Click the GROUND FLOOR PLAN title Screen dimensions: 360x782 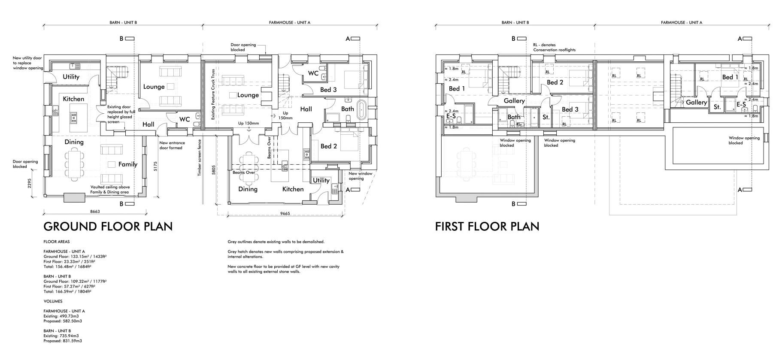[x=108, y=227]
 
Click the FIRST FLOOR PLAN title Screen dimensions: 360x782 [x=487, y=226]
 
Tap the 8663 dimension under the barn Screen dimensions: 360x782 [x=95, y=212]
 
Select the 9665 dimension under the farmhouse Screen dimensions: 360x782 [x=285, y=213]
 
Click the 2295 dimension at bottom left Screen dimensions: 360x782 [x=30, y=183]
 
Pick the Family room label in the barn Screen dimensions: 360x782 [x=128, y=164]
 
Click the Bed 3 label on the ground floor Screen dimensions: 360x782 [x=328, y=90]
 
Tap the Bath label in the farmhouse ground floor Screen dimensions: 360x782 [x=347, y=109]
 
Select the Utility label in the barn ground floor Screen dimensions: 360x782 [x=71, y=77]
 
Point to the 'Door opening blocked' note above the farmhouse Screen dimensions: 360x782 [x=243, y=47]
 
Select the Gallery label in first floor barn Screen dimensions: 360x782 [x=514, y=101]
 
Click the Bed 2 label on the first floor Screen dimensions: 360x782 [x=555, y=82]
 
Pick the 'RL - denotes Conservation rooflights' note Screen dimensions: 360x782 [x=554, y=47]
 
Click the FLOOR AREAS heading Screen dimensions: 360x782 [x=56, y=242]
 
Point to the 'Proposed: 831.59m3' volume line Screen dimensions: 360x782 [x=63, y=341]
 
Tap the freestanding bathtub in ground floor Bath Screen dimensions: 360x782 [x=361, y=110]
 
